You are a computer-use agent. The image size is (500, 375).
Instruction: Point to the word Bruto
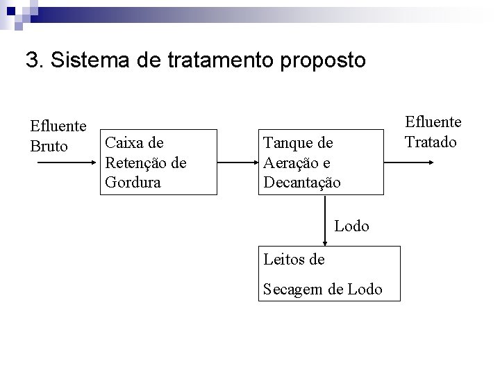point(49,147)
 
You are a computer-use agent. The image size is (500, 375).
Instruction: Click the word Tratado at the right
point(431,142)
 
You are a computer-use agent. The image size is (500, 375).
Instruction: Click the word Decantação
point(302,183)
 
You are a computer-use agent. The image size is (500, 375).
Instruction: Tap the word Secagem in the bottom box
point(293,289)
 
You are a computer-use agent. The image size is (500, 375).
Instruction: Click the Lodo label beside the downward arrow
point(351,226)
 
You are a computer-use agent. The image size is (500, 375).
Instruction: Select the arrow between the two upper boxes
point(237,162)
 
